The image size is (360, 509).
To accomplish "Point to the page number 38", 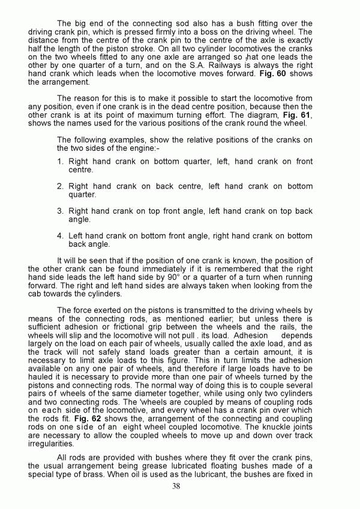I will (x=175, y=486).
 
